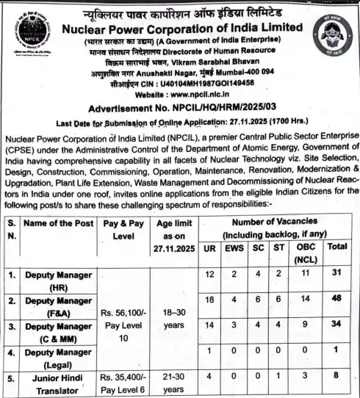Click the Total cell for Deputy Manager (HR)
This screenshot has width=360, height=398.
click(338, 275)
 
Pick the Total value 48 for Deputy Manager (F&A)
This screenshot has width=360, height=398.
click(338, 301)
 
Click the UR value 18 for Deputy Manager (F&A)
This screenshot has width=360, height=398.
click(210, 301)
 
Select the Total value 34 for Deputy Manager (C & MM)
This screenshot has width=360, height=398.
click(338, 325)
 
